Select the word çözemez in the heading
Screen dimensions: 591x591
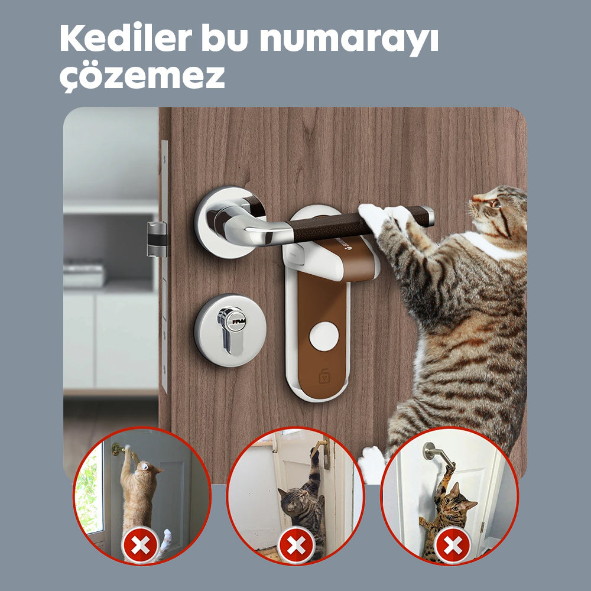142,76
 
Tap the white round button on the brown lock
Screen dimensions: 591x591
323,335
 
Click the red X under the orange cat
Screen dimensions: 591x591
140,545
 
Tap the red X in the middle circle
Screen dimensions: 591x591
295,545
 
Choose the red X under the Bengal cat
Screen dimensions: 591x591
452,545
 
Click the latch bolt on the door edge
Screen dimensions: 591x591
157,239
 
